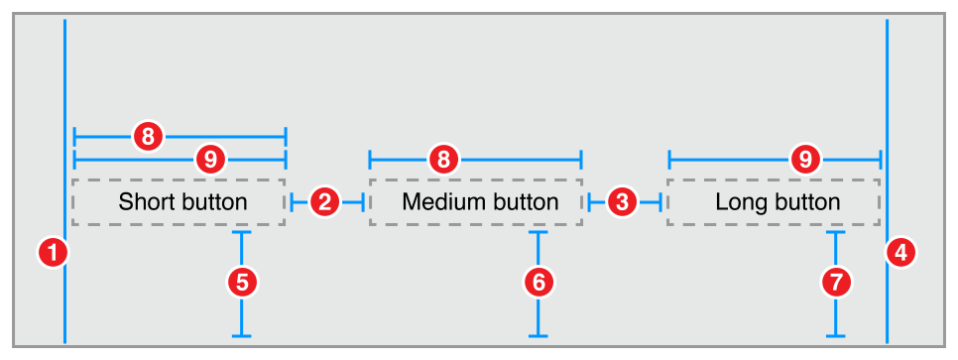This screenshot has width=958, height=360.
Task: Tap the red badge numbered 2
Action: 325,202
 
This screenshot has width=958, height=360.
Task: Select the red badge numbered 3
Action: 623,202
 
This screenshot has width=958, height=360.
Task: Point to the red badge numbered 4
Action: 899,254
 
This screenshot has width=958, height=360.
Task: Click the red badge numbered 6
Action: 539,283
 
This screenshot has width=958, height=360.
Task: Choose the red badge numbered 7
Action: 837,283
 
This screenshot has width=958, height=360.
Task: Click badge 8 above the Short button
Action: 148,136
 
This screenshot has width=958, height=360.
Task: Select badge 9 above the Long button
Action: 806,158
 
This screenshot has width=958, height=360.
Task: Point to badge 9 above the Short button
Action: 210,158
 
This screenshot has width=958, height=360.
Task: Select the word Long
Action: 737,202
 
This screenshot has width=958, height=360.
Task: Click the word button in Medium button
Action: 522,202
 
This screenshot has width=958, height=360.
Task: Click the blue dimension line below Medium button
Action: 539,317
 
